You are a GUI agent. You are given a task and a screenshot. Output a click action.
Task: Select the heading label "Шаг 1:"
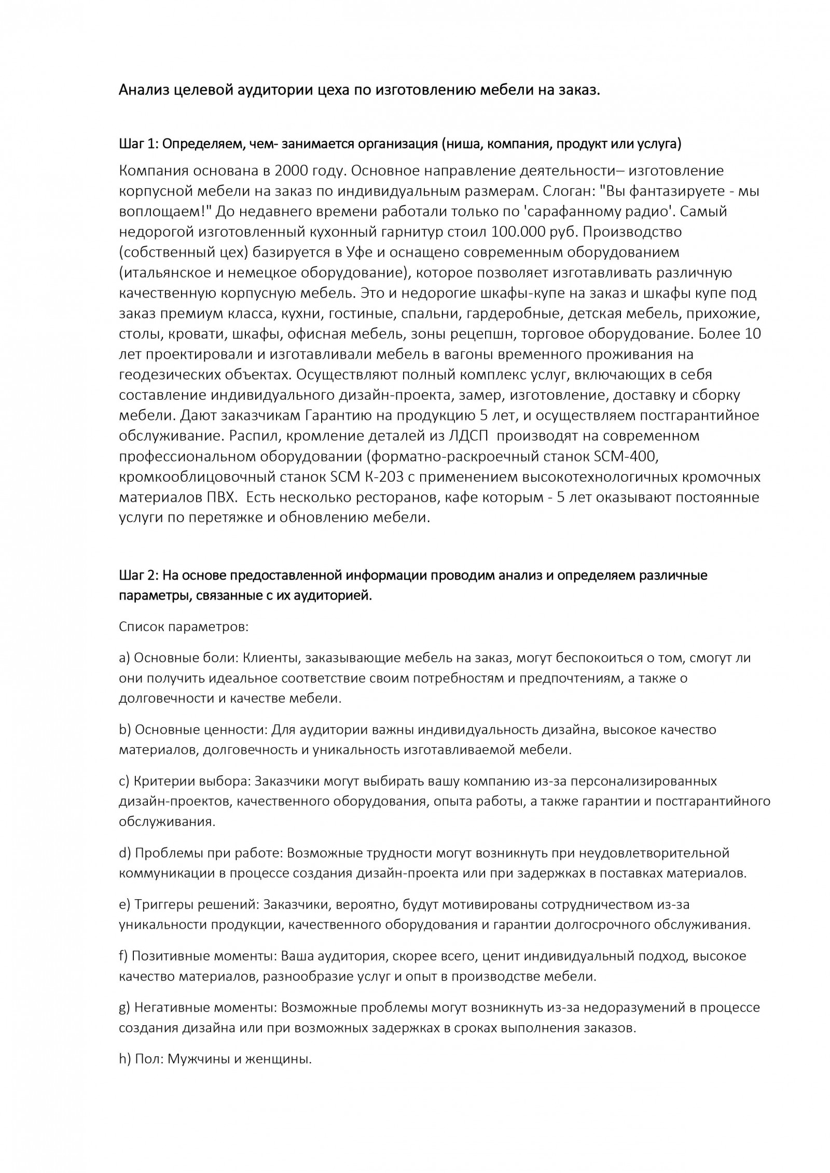click(x=137, y=144)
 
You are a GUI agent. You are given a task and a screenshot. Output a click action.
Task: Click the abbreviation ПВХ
click(x=219, y=497)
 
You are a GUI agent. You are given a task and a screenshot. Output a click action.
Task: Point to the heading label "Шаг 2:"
click(x=137, y=576)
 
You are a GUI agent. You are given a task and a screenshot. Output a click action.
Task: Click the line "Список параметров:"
click(x=184, y=627)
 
